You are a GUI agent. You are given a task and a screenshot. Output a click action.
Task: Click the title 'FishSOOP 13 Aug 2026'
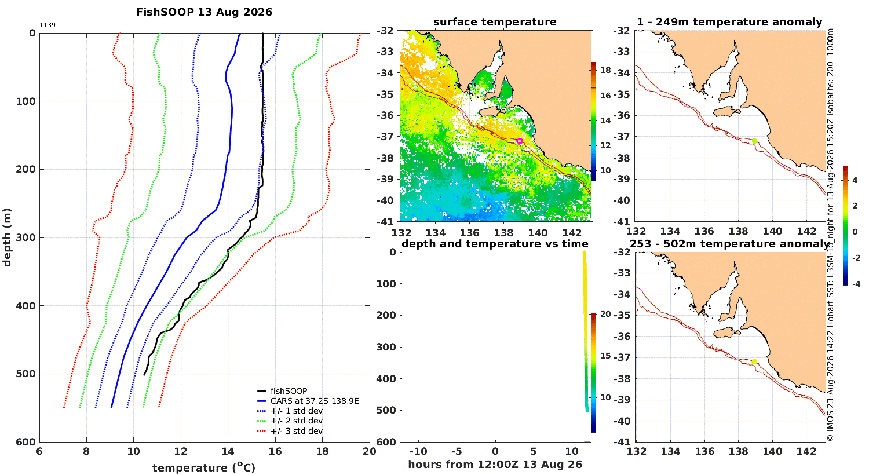(x=204, y=12)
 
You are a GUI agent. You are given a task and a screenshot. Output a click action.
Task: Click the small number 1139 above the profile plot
(x=48, y=25)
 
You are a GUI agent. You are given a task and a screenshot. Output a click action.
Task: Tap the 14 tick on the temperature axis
(x=228, y=451)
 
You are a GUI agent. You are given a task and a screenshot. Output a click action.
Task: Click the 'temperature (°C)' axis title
(x=204, y=467)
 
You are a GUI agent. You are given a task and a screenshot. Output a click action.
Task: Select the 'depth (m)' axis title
(x=7, y=237)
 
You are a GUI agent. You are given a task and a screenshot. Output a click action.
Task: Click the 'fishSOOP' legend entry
(x=289, y=391)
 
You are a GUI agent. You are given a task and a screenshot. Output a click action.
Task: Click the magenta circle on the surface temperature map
(x=520, y=141)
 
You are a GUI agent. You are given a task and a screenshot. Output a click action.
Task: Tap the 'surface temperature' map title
(x=495, y=21)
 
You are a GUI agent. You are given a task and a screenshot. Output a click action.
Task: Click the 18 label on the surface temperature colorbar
(x=605, y=70)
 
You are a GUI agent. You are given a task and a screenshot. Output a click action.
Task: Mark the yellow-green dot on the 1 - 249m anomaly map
(x=754, y=141)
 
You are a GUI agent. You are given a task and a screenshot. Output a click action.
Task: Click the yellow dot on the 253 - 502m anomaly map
(x=754, y=362)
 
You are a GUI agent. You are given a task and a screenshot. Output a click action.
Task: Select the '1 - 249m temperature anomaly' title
(x=729, y=22)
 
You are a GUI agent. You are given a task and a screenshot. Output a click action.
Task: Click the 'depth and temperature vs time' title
(x=495, y=243)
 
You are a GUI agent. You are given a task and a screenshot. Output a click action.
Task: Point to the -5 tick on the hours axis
(x=457, y=451)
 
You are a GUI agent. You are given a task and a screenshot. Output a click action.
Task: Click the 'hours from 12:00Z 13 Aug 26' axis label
(x=495, y=465)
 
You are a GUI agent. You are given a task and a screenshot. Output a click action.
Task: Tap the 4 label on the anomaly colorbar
(x=855, y=180)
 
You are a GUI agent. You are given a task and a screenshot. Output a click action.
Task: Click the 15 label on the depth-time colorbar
(x=605, y=356)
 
